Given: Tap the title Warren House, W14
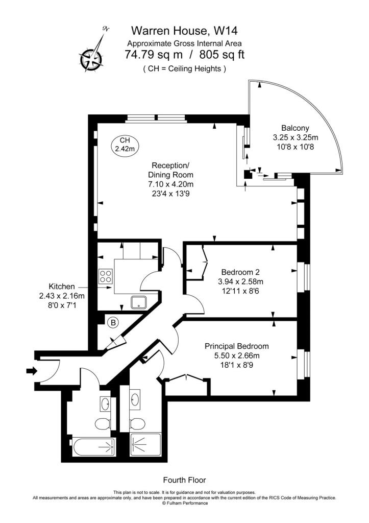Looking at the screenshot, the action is coord(184,31).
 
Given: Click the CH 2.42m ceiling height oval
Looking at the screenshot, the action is coord(125,145).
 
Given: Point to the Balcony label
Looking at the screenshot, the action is coord(295,128).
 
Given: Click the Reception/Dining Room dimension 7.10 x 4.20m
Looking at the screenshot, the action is coord(170,184).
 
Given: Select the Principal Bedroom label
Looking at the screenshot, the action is coord(237,346).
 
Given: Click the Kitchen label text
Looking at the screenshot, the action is coord(62,286).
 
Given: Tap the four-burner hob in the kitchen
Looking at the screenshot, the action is coord(105,276).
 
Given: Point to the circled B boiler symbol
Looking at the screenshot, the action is coord(114,323).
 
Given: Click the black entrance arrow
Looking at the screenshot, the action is coord(32,370).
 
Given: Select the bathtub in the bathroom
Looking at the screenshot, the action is coord(94,447).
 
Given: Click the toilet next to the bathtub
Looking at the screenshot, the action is coord(103,424).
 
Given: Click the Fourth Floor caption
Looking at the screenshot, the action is coord(184,480).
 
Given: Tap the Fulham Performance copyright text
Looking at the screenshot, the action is coord(184,503).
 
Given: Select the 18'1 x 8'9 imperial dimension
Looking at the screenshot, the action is coord(237,365).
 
